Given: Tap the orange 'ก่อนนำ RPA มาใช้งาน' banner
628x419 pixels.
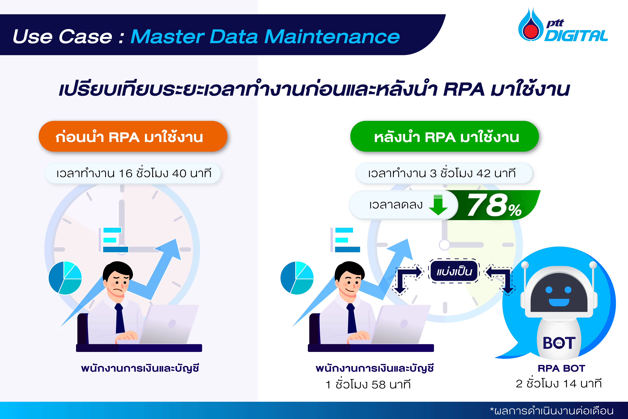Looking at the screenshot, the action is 133,136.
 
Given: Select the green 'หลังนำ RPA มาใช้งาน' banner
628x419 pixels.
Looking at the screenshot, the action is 444,136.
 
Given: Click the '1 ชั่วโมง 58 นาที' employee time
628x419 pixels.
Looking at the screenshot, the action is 368,384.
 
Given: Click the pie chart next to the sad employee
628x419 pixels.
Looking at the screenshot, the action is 65,278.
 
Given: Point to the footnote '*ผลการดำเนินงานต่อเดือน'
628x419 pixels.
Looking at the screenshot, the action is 551,411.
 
